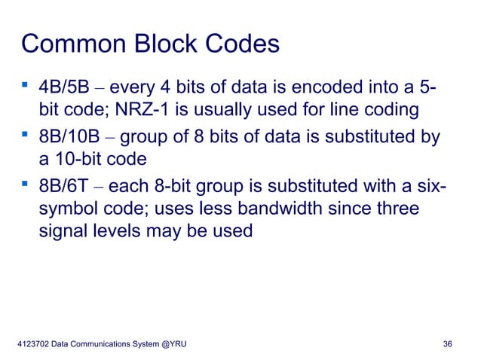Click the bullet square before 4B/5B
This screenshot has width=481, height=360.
point(26,88)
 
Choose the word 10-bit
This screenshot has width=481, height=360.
point(82,159)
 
